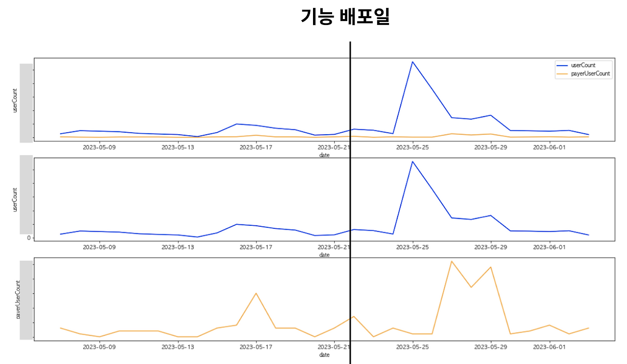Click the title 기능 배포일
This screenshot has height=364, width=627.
tap(345, 18)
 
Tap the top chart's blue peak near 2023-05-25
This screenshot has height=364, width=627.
tap(412, 62)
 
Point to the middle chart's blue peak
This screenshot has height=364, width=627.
tap(412, 161)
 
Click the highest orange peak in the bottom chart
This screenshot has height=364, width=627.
tap(452, 261)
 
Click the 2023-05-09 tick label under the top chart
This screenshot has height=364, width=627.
tap(99, 146)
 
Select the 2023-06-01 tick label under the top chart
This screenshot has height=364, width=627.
tap(550, 146)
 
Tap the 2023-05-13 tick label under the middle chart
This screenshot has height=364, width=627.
tap(178, 247)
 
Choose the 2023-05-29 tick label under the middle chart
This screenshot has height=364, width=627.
tap(491, 247)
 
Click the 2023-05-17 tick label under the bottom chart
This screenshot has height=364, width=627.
tap(256, 347)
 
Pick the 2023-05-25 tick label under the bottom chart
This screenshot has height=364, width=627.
tap(412, 347)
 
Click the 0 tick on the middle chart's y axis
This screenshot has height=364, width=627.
tap(29, 238)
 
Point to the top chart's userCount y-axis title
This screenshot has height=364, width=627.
tap(15, 100)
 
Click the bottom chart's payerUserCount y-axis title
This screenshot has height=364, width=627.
tap(18, 300)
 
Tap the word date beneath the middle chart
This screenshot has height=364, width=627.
tap(324, 255)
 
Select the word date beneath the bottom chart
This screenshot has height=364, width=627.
tap(324, 355)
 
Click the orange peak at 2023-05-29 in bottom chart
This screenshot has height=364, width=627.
tap(491, 267)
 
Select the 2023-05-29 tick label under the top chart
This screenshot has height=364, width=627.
tap(491, 146)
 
